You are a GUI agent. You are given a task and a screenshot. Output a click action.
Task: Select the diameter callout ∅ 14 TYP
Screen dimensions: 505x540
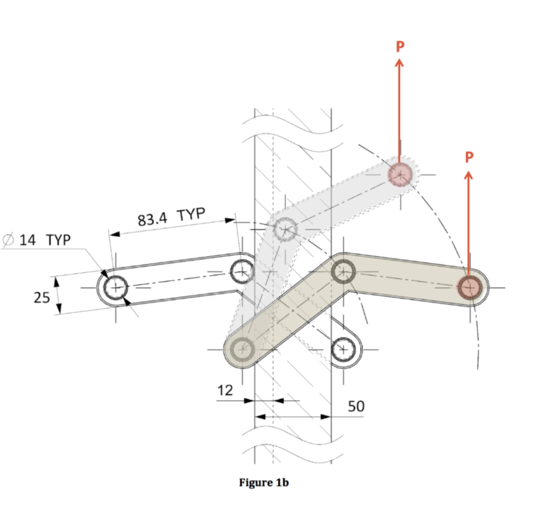tap(36, 240)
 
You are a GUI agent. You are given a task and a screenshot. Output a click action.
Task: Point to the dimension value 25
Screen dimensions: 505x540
tap(42, 297)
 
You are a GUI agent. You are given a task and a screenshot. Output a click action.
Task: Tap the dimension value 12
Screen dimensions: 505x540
tap(225, 391)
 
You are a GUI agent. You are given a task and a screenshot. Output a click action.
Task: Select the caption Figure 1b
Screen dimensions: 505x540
tap(264, 483)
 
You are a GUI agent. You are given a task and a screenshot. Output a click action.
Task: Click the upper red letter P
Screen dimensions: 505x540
tap(400, 46)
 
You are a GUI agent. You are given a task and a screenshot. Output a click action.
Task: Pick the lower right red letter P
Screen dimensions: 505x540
tap(469, 157)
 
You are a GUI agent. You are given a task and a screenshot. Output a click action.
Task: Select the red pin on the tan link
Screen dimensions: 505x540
tap(468, 287)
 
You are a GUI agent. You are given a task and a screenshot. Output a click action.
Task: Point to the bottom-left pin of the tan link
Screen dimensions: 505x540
tap(242, 348)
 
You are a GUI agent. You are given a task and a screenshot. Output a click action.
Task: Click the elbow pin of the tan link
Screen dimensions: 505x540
tap(343, 272)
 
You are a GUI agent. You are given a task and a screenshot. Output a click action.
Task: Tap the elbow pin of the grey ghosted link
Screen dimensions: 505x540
tap(285, 229)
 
